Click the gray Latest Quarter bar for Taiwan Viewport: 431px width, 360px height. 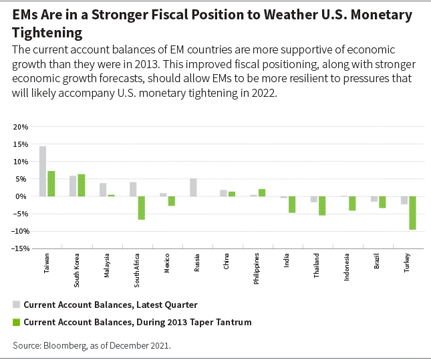[43, 171]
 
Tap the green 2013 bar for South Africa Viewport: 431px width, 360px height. [142, 208]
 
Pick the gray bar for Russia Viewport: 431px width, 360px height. [193, 188]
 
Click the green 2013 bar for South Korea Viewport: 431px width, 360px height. [82, 185]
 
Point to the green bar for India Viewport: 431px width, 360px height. [292, 204]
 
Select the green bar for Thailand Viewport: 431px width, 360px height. [322, 206]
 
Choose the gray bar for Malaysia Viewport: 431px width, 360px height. [103, 190]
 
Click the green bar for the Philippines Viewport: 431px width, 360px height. [262, 193]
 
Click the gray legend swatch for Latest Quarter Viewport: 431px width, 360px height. [16, 305]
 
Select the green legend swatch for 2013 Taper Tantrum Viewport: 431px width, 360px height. [16, 322]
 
